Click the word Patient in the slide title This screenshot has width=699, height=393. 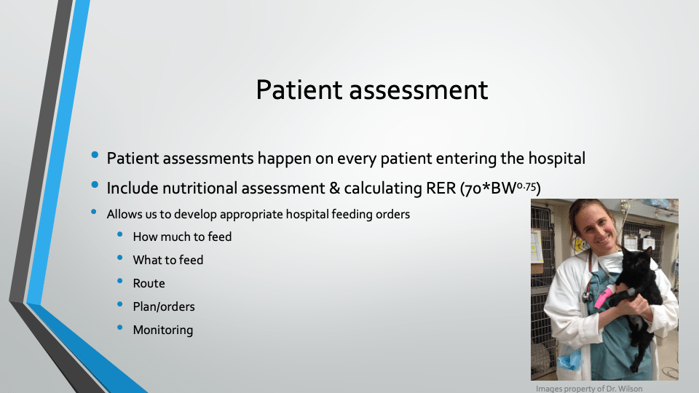(x=299, y=90)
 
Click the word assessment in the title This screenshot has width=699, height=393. (x=419, y=90)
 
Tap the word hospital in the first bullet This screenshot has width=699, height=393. (x=557, y=159)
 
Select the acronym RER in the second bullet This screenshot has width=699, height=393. (x=441, y=188)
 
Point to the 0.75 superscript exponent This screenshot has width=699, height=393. (x=526, y=186)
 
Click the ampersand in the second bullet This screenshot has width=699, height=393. (x=334, y=188)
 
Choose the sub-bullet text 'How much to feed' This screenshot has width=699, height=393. (x=182, y=237)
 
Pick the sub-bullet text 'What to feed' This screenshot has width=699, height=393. (x=167, y=260)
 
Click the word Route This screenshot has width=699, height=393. (x=149, y=283)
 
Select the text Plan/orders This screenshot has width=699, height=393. (x=164, y=306)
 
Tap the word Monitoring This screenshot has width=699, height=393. (x=162, y=330)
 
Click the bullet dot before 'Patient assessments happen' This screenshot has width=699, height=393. (x=95, y=155)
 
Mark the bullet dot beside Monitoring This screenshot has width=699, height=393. (x=120, y=327)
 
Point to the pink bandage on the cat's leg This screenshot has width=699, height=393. (x=602, y=297)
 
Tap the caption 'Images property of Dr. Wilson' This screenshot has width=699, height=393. (x=589, y=389)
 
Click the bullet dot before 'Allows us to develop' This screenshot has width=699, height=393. (x=94, y=212)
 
